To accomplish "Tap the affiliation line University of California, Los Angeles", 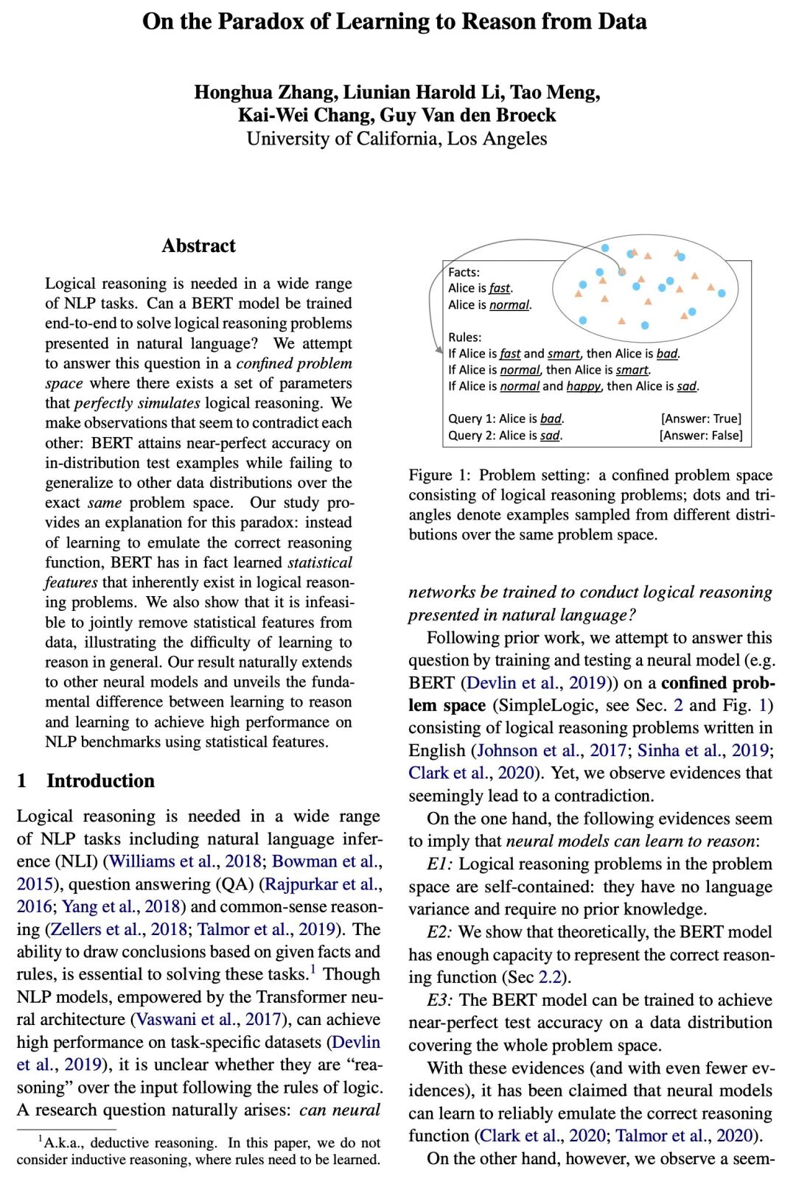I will pos(397,139).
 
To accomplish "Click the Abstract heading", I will pos(198,245).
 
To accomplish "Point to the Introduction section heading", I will pos(100,780).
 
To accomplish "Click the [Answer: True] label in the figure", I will pos(701,419).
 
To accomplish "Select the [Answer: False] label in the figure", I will pos(701,435).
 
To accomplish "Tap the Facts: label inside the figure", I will pos(464,272).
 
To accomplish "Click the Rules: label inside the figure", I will pos(464,337).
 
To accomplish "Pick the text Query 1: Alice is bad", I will pos(506,419).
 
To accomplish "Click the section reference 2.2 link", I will pos(550,977).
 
